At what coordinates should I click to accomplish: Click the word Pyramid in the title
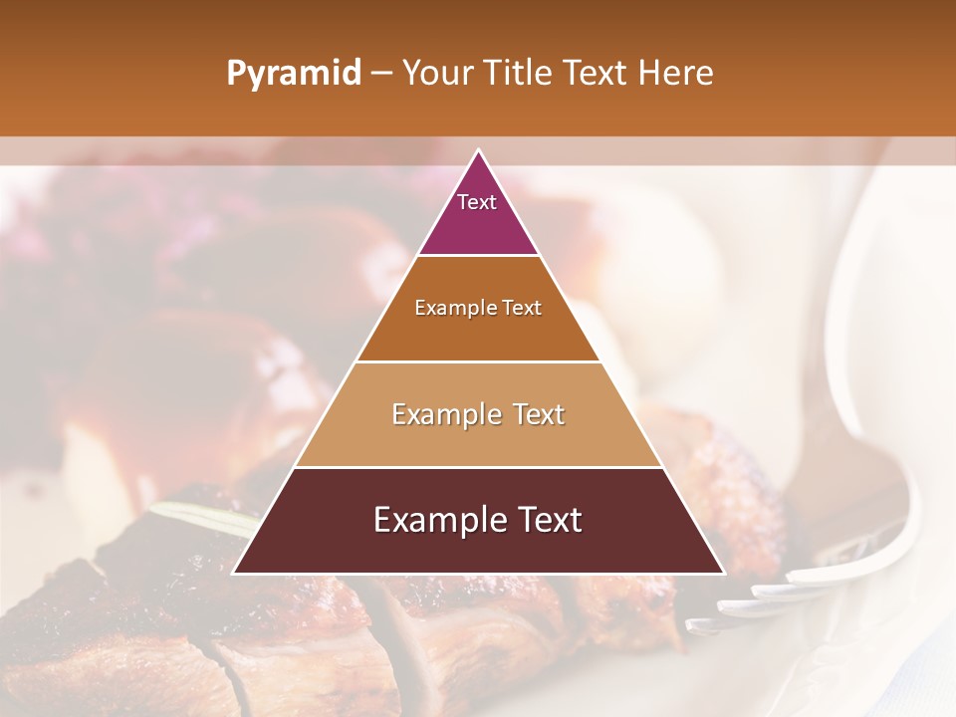[x=293, y=74]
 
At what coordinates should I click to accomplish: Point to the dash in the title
[x=380, y=74]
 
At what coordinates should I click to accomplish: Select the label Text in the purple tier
[x=477, y=202]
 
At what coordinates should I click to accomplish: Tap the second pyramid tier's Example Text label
[x=478, y=308]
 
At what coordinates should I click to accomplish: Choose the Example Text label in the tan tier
[x=478, y=414]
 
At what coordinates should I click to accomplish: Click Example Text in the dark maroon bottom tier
[x=478, y=520]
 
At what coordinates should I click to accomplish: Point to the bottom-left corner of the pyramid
[x=234, y=573]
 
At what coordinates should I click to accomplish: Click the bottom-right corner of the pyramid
[x=723, y=573]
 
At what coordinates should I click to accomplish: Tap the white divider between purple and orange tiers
[x=478, y=256]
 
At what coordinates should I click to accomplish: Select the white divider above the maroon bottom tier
[x=478, y=467]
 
